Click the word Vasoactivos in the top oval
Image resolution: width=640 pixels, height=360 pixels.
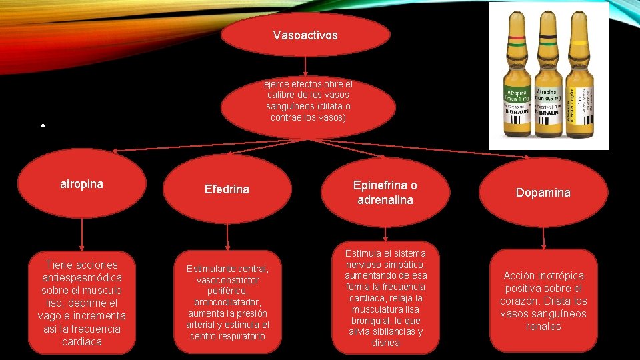(305, 35)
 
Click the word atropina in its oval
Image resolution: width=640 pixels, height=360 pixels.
(81, 184)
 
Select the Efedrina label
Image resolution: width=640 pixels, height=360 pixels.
(227, 189)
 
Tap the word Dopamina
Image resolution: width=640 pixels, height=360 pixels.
(543, 193)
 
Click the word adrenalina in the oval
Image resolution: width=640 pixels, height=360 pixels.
(385, 200)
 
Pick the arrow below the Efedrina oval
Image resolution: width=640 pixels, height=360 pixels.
(227, 235)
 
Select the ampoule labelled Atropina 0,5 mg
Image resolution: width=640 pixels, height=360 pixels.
(548, 87)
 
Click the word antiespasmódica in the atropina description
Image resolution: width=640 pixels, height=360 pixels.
(81, 277)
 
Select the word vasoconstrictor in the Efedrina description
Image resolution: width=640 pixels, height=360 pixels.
(228, 281)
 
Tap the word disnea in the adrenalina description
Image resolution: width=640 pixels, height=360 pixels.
(386, 343)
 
